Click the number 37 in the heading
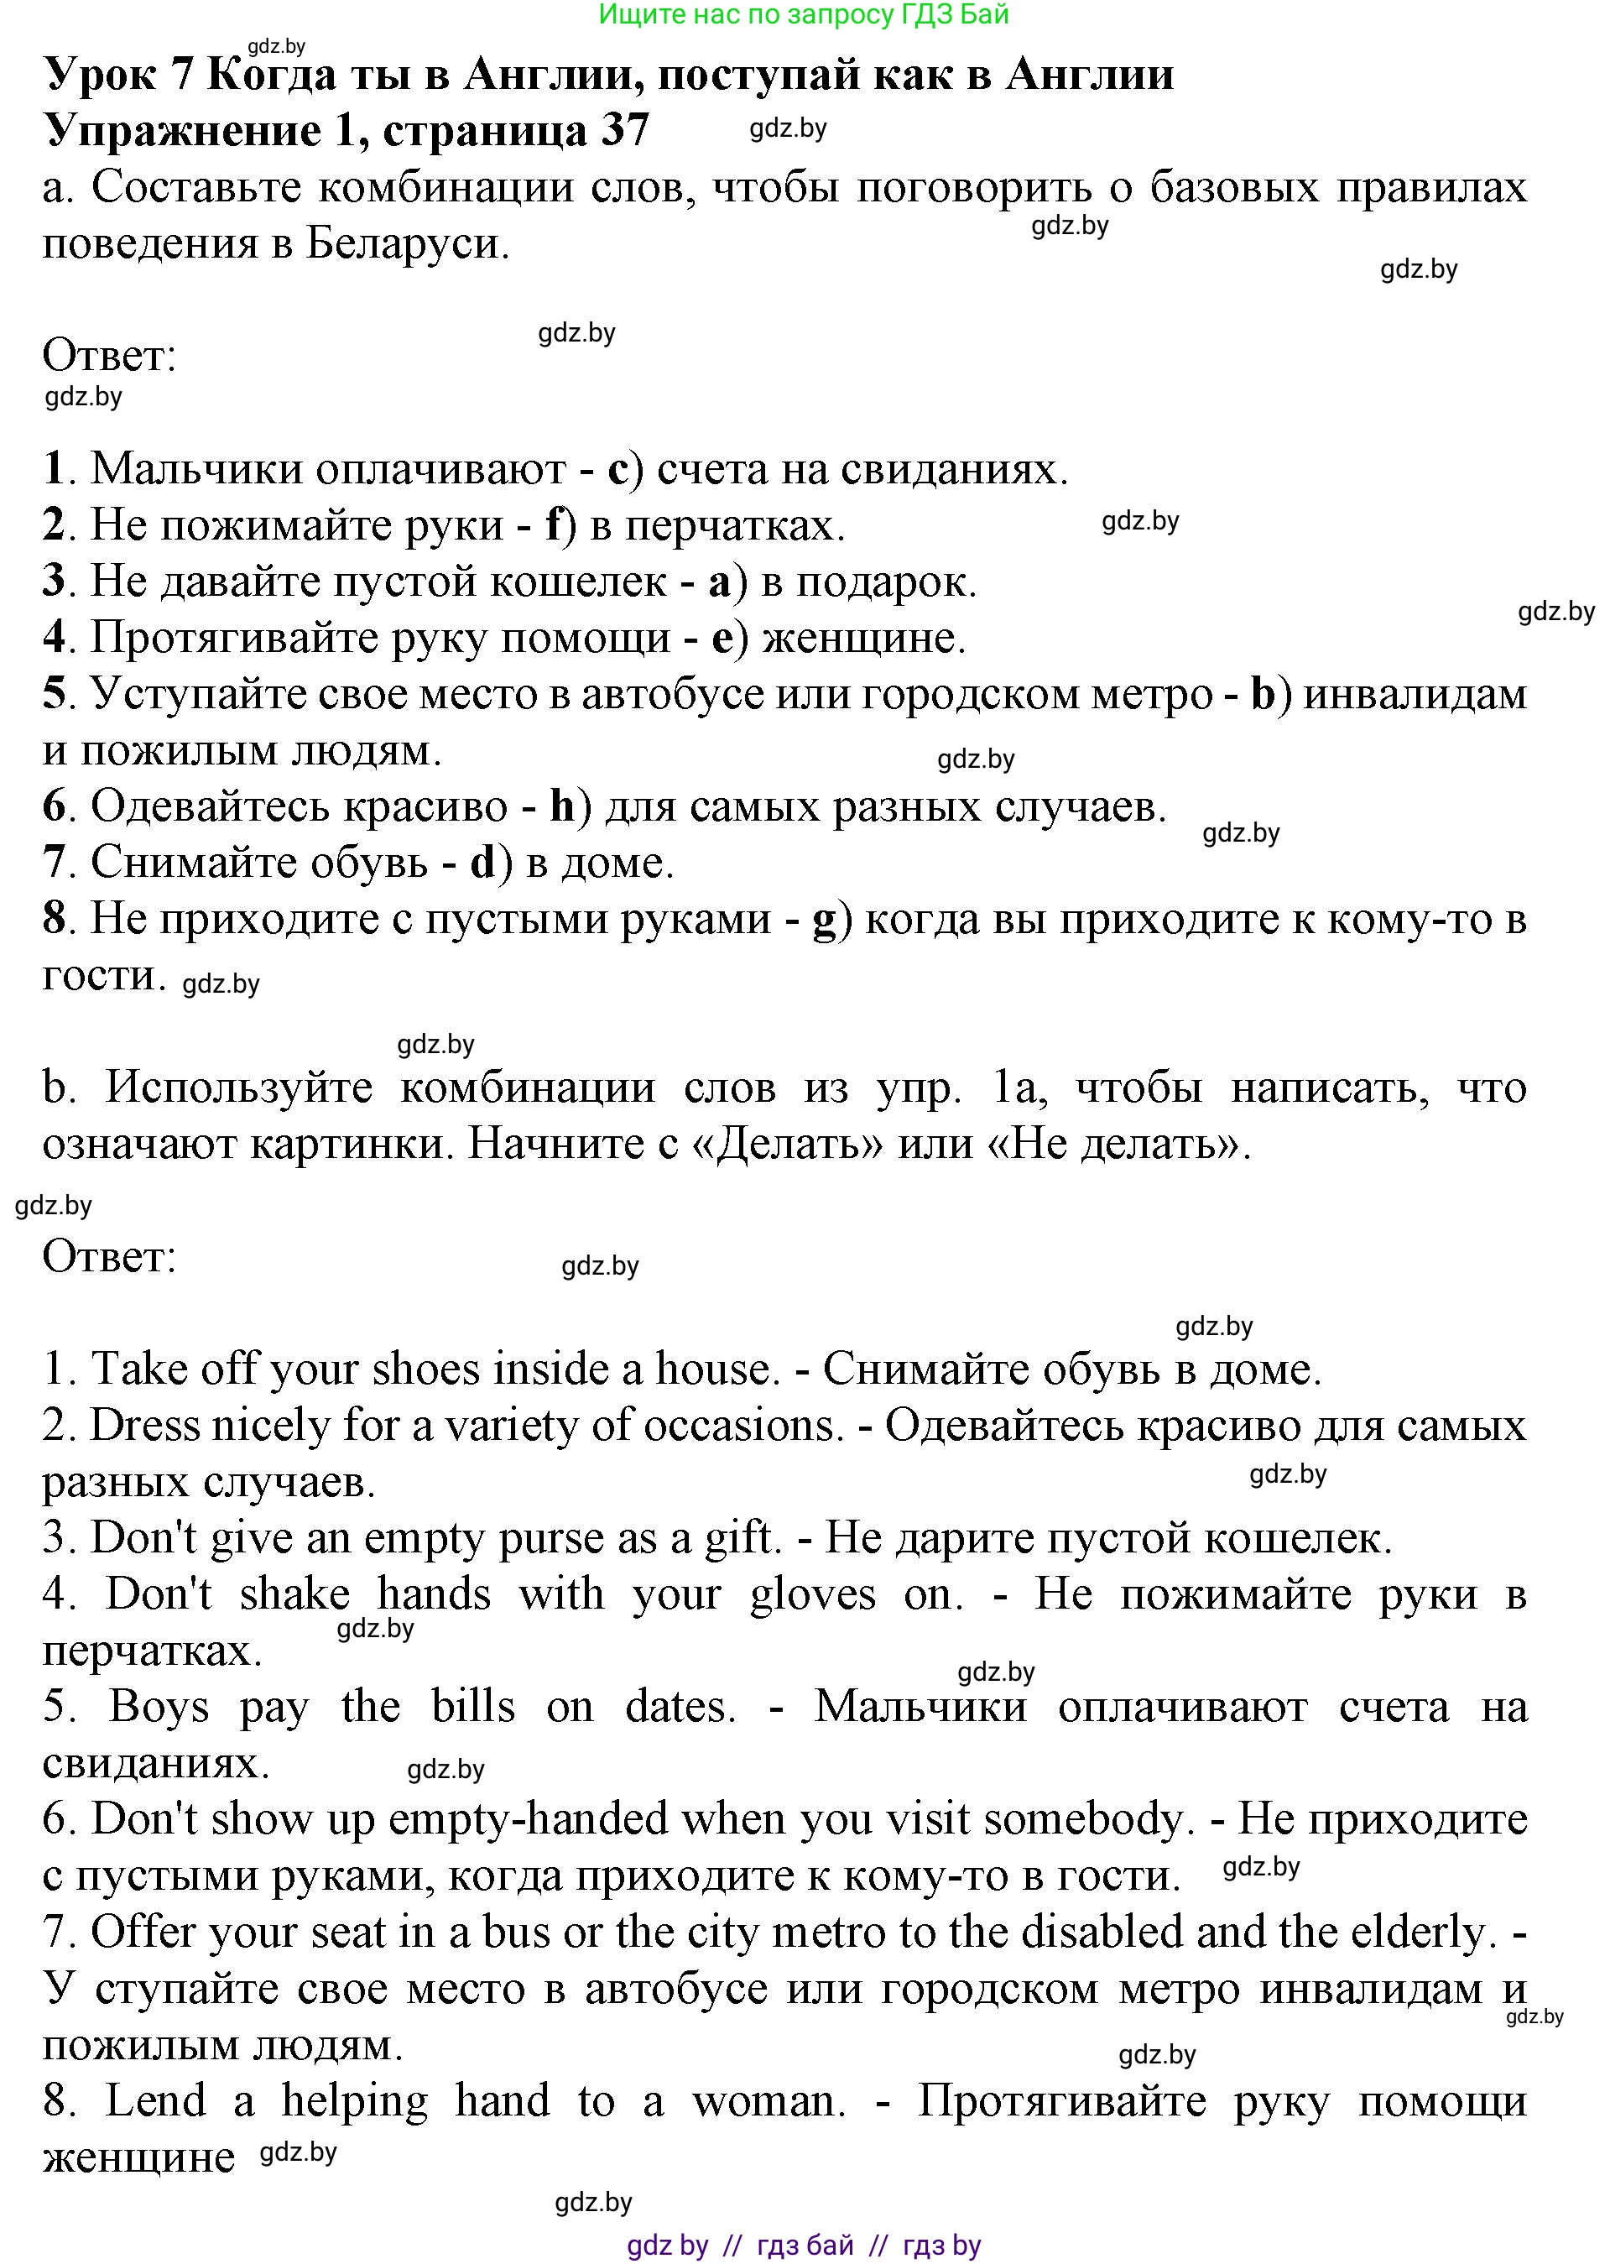pos(623,131)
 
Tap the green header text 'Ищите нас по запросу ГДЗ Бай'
pos(804,14)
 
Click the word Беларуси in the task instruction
pos(406,244)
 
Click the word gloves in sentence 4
pos(812,1594)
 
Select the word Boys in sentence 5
pos(159,1707)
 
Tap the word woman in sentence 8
pos(769,2100)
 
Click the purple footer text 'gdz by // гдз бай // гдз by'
pos(804,2246)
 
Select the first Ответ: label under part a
pos(109,356)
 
